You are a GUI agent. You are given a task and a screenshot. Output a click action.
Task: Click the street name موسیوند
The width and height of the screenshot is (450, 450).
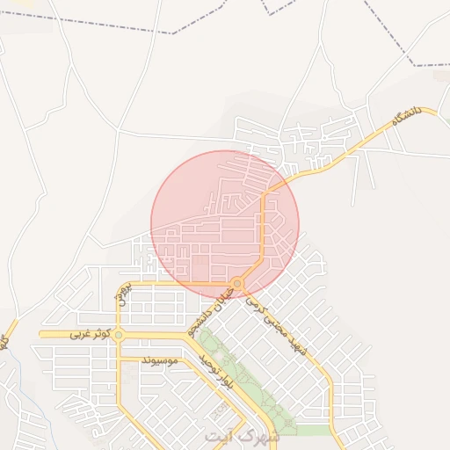click(159, 359)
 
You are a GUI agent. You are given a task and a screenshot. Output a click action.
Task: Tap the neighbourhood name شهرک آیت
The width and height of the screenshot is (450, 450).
click(241, 435)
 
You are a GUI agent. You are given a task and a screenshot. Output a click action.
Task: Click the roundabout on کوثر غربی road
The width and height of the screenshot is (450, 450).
click(119, 334)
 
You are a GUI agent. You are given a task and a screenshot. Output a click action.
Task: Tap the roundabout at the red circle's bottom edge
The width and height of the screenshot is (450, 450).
click(237, 284)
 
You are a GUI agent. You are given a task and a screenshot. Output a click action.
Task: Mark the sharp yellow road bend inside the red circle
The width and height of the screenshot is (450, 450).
click(264, 195)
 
